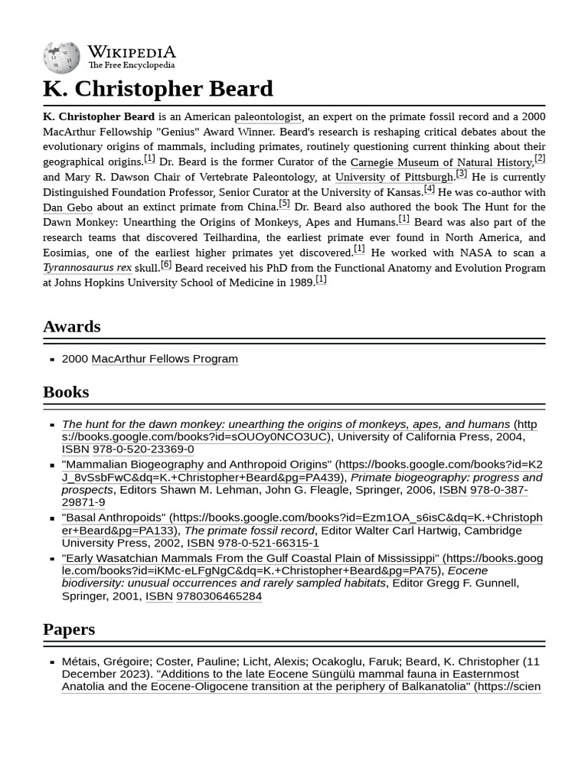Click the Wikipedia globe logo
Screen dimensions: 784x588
click(61, 57)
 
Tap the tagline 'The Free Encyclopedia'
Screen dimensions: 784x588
click(131, 66)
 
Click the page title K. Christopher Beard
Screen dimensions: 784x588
click(158, 88)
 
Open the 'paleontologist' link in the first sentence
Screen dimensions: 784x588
click(268, 116)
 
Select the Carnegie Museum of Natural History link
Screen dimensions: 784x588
click(441, 162)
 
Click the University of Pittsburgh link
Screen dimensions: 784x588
click(394, 177)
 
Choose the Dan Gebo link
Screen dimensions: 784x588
click(67, 207)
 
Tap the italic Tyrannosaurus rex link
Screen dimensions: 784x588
click(87, 268)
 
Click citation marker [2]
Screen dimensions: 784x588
click(540, 158)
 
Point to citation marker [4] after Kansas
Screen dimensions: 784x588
click(429, 188)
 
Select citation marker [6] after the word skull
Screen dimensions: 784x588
click(166, 264)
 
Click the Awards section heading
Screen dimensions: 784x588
click(72, 326)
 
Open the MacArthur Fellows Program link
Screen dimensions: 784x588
click(165, 358)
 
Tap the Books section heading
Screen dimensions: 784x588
click(66, 391)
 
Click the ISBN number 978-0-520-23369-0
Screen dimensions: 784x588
click(143, 449)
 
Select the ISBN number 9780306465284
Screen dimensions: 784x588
click(219, 596)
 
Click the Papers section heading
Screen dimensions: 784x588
click(69, 629)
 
